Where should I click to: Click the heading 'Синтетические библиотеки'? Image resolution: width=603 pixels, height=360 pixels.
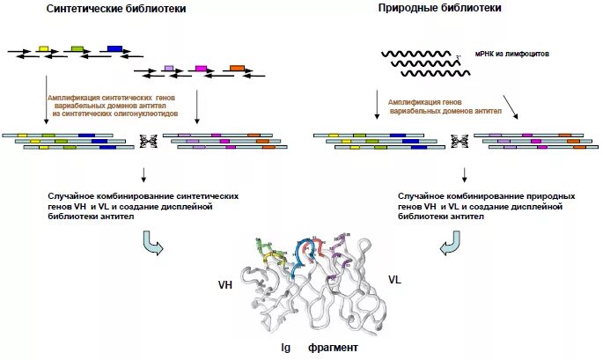point(116,10)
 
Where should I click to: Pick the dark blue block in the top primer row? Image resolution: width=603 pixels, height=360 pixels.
point(114,48)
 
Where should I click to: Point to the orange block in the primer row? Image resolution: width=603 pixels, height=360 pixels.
point(236,68)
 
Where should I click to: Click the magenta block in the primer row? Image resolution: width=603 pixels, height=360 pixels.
point(201,68)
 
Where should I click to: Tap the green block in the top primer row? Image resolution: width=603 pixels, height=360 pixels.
point(77,48)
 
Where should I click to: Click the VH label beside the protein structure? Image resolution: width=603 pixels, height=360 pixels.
point(226,285)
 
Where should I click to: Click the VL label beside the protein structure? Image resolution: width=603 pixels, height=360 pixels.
point(395,278)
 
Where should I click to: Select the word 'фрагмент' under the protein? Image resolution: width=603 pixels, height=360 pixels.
point(333,348)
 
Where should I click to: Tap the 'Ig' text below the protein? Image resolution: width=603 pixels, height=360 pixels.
point(285,348)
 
